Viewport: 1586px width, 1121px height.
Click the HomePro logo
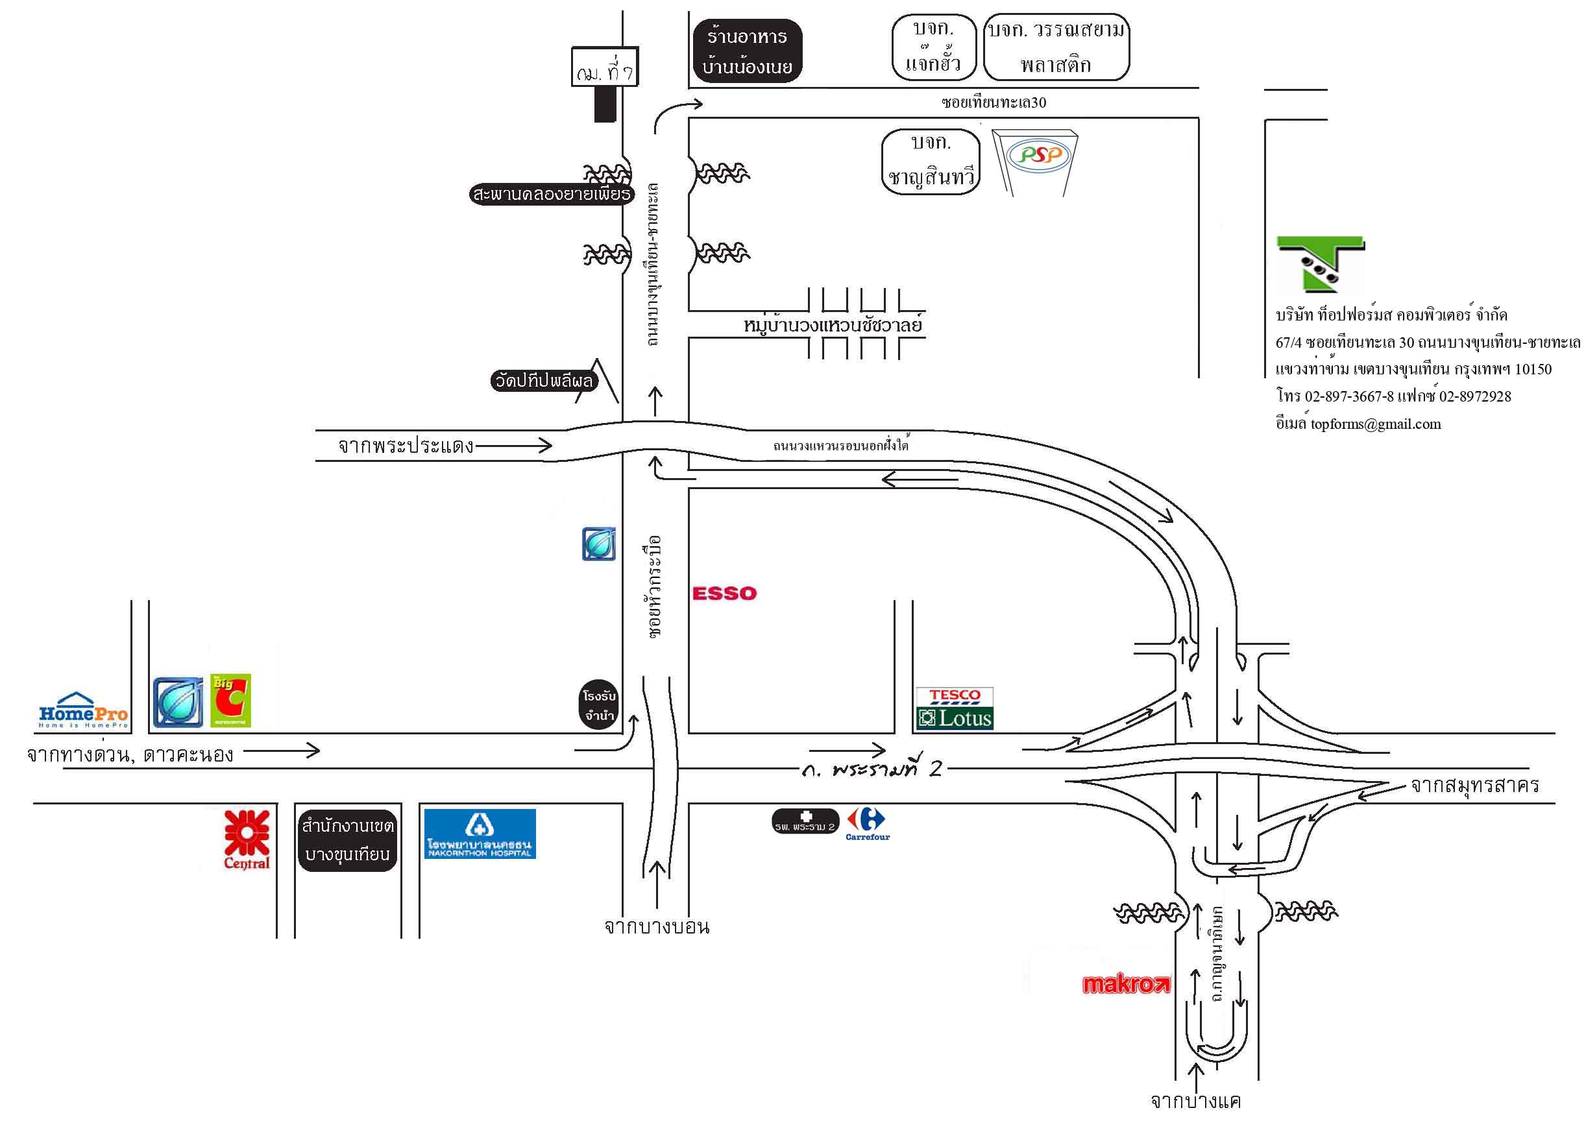tap(83, 711)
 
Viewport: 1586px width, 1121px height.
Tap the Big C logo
tap(231, 701)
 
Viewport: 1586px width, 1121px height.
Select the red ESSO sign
tap(725, 594)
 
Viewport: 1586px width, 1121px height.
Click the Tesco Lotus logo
tap(955, 708)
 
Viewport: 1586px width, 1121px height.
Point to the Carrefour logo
tap(868, 824)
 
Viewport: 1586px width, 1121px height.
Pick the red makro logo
tap(1126, 983)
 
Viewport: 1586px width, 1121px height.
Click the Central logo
tap(247, 839)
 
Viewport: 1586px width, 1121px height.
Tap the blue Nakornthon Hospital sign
tap(480, 834)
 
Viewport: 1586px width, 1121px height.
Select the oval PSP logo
tap(1039, 154)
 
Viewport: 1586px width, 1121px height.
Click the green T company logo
tap(1319, 264)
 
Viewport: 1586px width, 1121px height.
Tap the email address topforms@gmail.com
tap(1375, 424)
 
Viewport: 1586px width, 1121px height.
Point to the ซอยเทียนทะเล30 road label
tap(994, 103)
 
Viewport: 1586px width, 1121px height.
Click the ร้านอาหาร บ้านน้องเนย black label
tap(747, 51)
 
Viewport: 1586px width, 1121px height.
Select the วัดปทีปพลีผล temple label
tap(544, 381)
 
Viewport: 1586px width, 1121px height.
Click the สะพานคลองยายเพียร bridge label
tap(551, 194)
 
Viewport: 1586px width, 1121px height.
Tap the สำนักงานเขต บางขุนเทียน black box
tap(347, 840)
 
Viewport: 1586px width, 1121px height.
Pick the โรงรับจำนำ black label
tap(599, 705)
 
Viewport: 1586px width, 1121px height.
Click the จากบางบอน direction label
tap(656, 926)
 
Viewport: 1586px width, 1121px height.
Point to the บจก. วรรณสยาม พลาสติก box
tap(1055, 47)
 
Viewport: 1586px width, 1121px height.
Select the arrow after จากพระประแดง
tap(514, 446)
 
